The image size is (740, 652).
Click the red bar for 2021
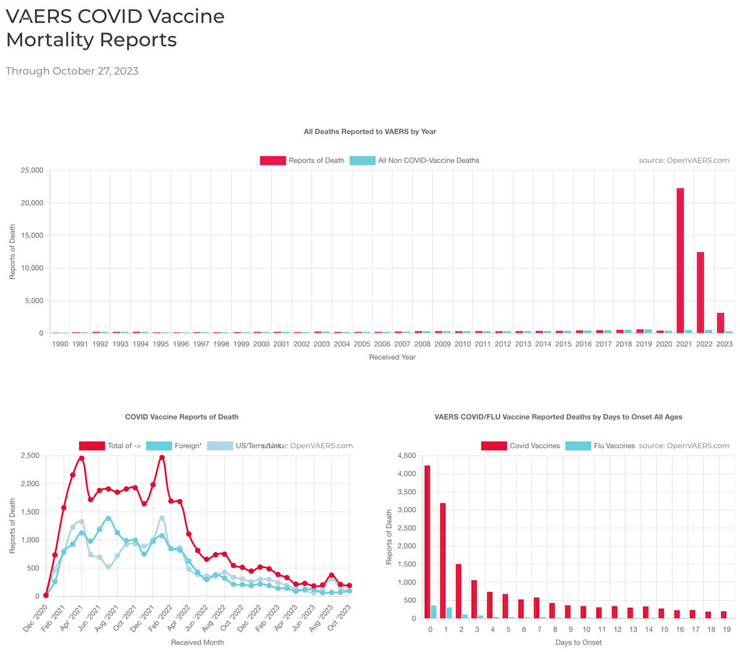coord(680,261)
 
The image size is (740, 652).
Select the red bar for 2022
coord(700,293)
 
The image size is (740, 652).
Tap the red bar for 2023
coord(720,323)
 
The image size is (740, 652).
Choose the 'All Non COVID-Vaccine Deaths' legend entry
coord(414,160)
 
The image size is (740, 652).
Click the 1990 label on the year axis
coord(60,344)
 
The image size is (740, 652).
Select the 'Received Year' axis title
coord(392,357)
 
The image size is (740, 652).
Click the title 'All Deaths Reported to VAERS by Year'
coord(370,131)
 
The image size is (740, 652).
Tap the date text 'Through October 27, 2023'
coord(72,71)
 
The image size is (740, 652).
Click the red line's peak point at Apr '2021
coord(81,458)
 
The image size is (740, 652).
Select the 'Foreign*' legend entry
coord(174,446)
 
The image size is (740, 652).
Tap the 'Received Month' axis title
coord(197,642)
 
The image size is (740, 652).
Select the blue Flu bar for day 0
coord(434,612)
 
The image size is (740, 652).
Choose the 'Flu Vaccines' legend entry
coord(600,446)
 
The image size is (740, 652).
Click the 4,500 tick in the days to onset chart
coord(405,456)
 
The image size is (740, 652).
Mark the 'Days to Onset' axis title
coord(577,642)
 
